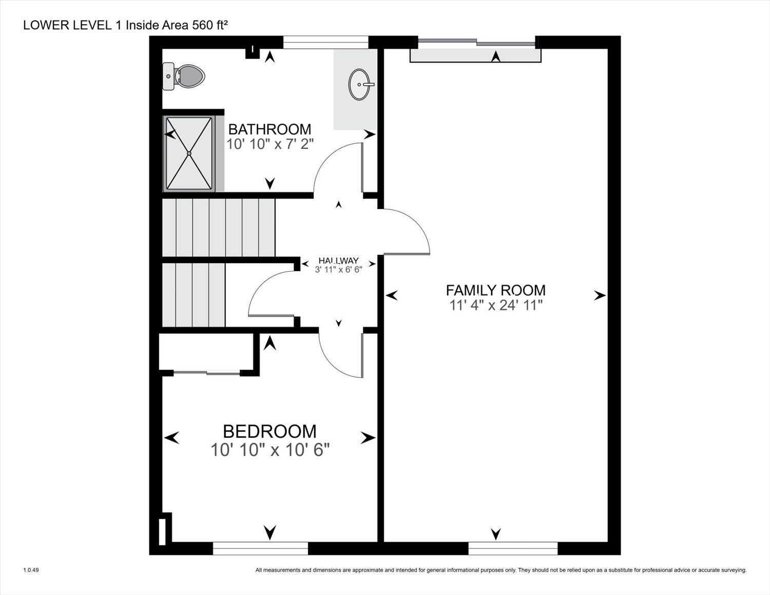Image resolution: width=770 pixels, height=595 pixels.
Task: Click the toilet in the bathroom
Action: [x=184, y=76]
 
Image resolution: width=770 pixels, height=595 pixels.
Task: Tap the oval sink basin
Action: [x=359, y=84]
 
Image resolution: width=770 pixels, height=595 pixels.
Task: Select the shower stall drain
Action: [x=189, y=153]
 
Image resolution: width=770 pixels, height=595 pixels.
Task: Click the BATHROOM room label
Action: [x=269, y=129]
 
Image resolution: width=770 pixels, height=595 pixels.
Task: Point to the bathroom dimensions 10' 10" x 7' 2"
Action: [x=270, y=144]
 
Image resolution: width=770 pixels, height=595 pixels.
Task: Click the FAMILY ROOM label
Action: [x=495, y=290]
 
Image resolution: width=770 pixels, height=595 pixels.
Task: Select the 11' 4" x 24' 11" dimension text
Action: [x=496, y=305]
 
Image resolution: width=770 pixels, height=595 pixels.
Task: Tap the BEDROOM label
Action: [x=269, y=432]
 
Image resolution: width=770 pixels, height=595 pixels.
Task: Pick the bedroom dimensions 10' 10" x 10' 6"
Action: [x=270, y=450]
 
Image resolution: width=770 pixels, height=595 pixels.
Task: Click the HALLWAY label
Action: [x=338, y=260]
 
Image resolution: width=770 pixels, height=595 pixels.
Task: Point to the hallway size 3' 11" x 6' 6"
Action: [x=338, y=270]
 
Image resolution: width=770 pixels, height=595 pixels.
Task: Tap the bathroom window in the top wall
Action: [x=326, y=42]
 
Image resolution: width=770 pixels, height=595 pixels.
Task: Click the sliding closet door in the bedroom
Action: [x=206, y=372]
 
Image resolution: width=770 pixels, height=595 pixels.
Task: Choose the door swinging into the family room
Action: [x=407, y=232]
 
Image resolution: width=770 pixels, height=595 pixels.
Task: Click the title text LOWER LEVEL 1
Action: [x=73, y=26]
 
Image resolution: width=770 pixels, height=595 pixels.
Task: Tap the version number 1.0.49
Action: [x=31, y=570]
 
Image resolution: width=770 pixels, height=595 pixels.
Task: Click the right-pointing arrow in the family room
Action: [x=600, y=295]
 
